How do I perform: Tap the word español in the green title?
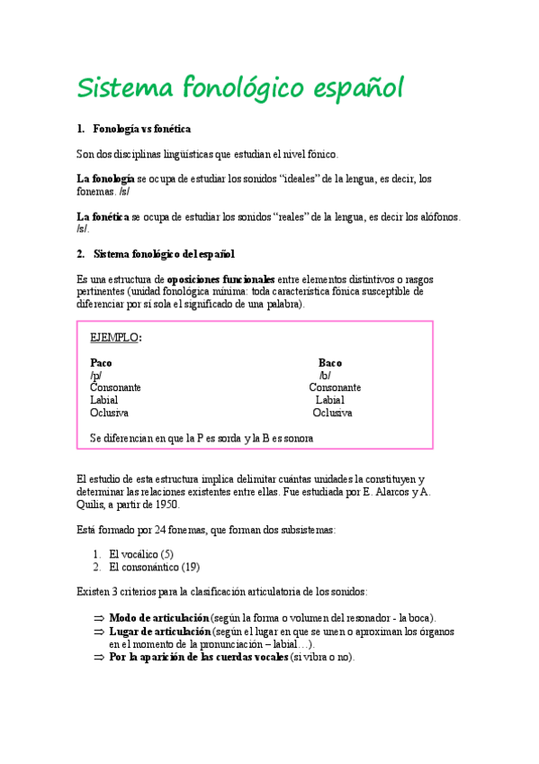click(355, 90)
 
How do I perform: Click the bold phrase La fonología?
click(105, 178)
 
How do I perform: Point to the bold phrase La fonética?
click(103, 216)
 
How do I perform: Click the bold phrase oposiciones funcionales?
click(221, 280)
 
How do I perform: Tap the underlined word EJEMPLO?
click(114, 337)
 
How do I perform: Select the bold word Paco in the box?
click(101, 362)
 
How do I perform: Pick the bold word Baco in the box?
click(330, 362)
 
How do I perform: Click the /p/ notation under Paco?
click(95, 375)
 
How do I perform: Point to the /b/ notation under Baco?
click(325, 375)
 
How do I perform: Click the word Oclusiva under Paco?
click(109, 413)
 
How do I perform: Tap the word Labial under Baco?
click(329, 400)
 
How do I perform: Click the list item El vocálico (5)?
click(140, 554)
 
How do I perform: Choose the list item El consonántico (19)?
click(154, 568)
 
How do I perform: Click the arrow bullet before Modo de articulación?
click(99, 618)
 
